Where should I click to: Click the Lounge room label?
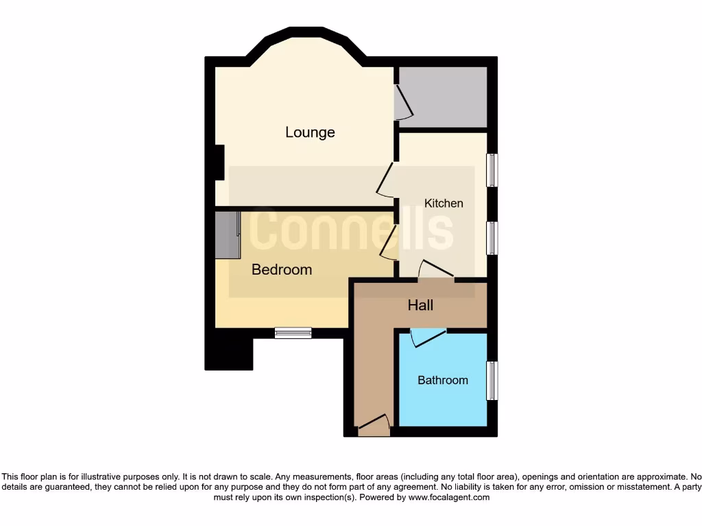310,132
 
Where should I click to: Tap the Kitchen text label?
444,203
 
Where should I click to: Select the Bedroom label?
282,270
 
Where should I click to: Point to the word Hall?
420,305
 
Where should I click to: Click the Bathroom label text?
443,380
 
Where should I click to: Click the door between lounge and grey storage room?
403,103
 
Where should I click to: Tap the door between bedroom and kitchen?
389,244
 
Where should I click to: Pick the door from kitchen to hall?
436,271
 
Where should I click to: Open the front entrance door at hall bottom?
374,426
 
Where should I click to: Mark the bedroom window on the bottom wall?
293,333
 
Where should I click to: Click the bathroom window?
492,381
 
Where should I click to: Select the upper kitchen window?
492,170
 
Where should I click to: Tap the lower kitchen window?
492,238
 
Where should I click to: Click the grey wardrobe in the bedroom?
227,234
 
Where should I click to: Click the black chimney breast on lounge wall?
219,162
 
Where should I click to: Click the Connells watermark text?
351,231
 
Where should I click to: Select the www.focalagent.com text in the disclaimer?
449,497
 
